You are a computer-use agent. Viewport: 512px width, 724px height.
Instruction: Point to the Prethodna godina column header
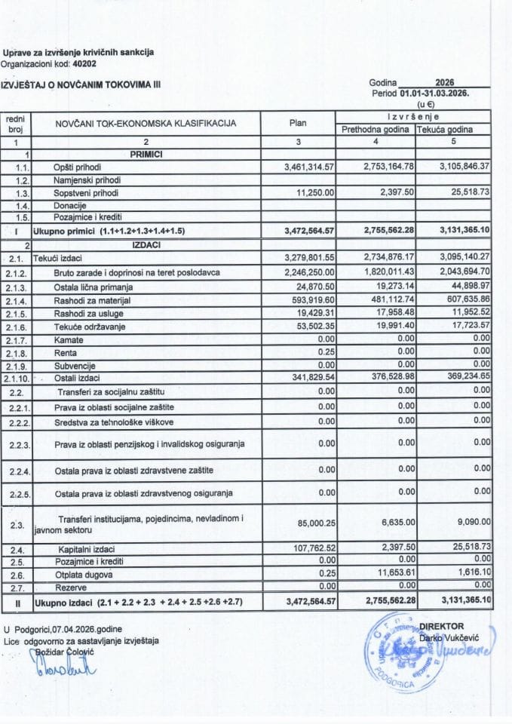tap(376, 130)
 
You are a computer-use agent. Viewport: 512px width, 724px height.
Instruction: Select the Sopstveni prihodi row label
tap(81, 192)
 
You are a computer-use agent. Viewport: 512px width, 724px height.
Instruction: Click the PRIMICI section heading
tap(146, 154)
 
